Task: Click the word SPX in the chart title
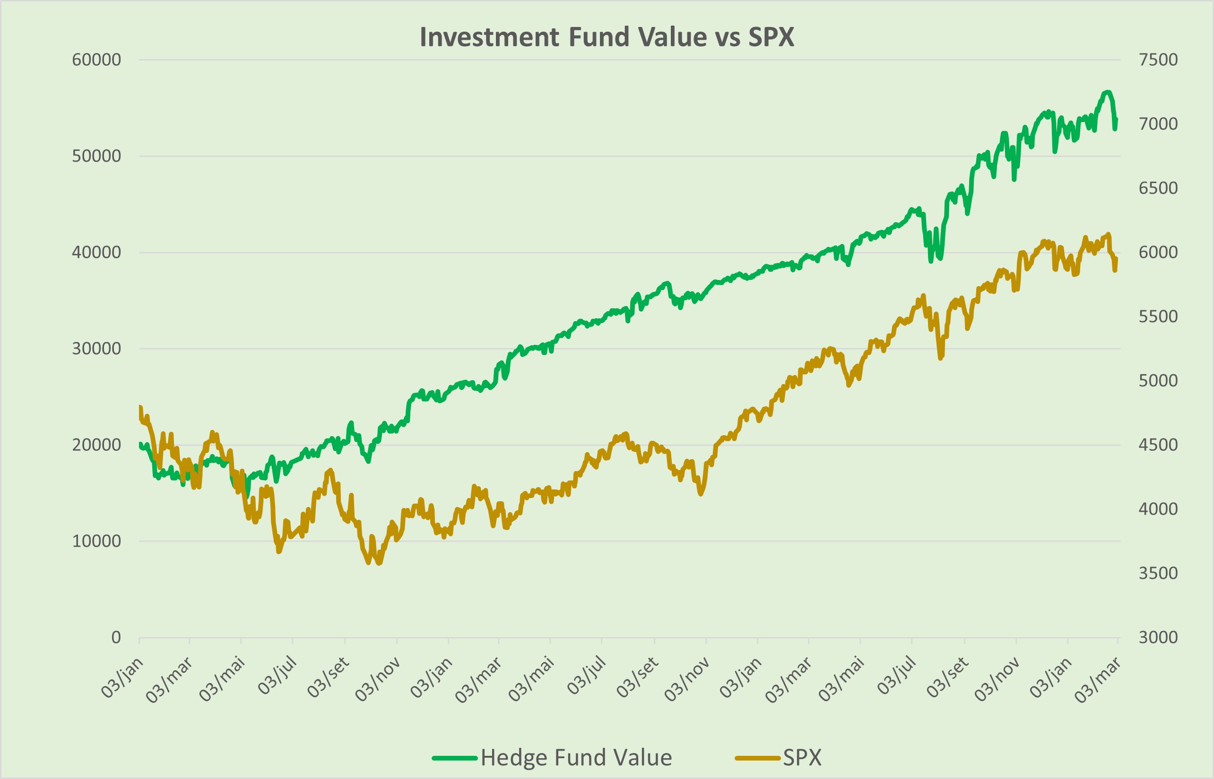[x=771, y=37]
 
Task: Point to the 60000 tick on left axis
[x=96, y=60]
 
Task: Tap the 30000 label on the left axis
[x=96, y=349]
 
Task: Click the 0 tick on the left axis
[x=116, y=638]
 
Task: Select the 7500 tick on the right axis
[x=1158, y=60]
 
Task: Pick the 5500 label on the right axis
[x=1158, y=316]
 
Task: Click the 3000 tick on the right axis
[x=1158, y=638]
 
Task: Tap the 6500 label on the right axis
[x=1158, y=188]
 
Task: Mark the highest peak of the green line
[x=1107, y=92]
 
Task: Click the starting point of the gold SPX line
[x=140, y=407]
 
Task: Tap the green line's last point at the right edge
[x=1116, y=120]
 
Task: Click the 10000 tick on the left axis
[x=96, y=541]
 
